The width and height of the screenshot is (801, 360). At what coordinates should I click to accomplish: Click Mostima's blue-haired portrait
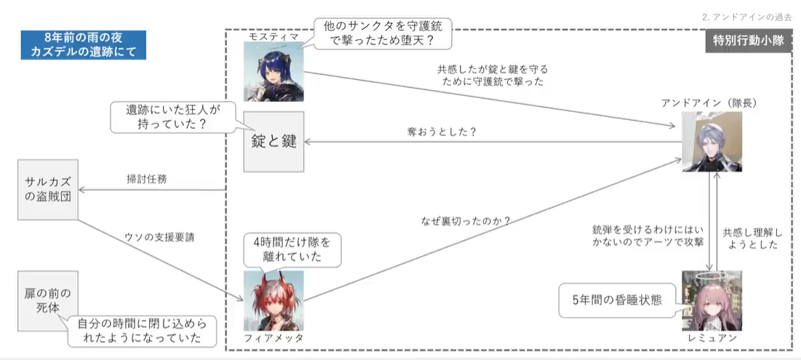(274, 71)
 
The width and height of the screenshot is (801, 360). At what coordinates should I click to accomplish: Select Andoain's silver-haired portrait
(712, 142)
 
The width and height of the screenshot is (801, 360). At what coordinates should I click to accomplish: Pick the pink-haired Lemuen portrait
(712, 300)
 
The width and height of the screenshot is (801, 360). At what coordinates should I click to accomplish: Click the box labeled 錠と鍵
(274, 142)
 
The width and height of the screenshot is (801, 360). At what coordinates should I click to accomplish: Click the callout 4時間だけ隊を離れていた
(290, 250)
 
